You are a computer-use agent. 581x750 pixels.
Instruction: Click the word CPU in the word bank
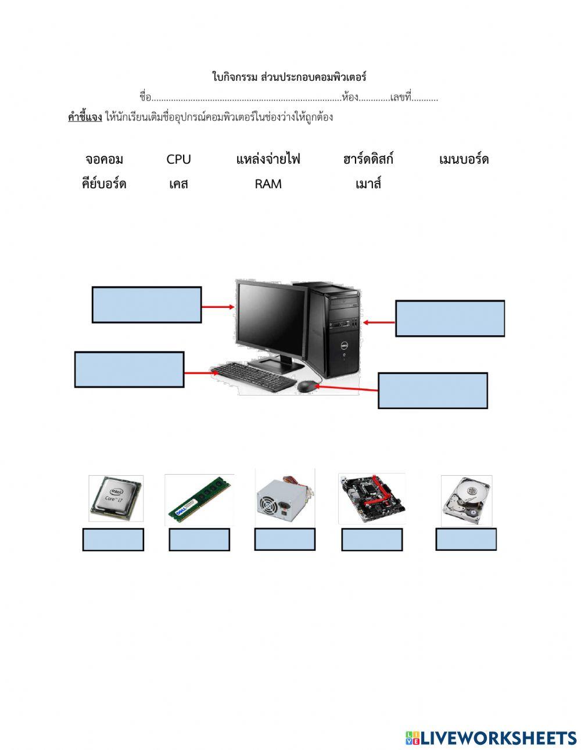click(x=178, y=159)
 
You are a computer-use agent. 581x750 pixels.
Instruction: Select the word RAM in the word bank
click(x=268, y=184)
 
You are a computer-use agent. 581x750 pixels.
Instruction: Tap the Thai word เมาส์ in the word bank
click(x=368, y=184)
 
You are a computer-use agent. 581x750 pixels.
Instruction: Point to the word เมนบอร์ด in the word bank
click(x=464, y=159)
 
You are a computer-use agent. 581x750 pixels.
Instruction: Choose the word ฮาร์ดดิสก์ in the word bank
click(x=368, y=159)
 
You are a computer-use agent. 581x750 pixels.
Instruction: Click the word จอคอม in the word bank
click(x=105, y=159)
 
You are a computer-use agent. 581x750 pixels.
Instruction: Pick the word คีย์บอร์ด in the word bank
click(x=104, y=184)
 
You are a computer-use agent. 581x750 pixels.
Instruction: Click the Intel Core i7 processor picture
click(x=116, y=498)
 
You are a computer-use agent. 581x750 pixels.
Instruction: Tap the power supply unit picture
click(x=285, y=497)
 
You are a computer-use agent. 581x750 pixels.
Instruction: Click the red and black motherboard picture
click(x=372, y=498)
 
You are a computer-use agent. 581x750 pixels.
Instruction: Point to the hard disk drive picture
click(x=466, y=500)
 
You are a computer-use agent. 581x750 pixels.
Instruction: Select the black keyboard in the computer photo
click(x=254, y=376)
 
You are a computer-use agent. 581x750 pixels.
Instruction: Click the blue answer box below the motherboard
click(x=372, y=540)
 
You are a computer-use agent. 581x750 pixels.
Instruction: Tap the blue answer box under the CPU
click(x=113, y=540)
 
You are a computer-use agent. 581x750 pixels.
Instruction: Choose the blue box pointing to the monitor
click(x=147, y=304)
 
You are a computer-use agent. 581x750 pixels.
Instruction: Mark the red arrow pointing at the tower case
click(x=379, y=322)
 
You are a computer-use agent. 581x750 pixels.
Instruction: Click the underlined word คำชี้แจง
click(x=85, y=117)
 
